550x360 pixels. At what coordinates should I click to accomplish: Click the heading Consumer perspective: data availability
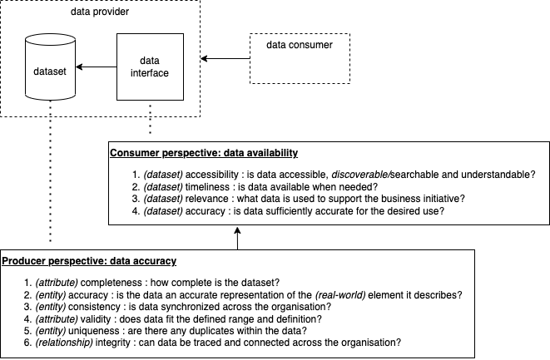click(204, 154)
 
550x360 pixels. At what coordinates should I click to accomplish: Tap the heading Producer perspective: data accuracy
click(89, 261)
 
